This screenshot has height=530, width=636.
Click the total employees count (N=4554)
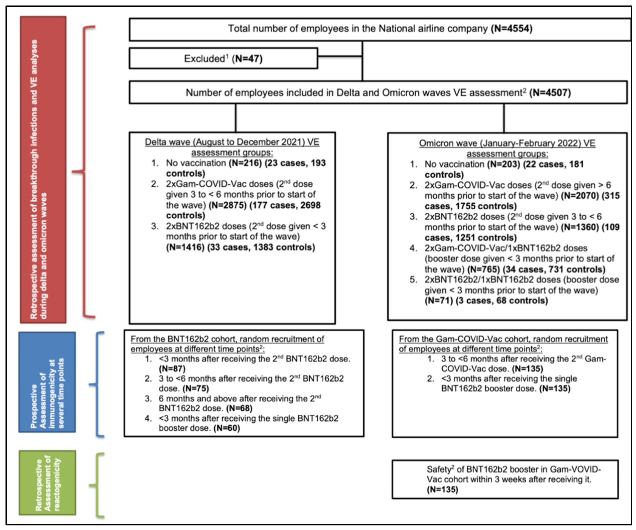pos(512,29)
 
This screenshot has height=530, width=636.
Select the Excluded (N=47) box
pos(223,58)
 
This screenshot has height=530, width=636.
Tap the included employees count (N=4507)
pos(550,93)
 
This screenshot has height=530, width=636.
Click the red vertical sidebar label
pos(43,170)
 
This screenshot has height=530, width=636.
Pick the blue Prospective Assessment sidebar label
pos(47,382)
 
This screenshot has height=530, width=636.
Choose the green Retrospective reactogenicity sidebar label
pos(48,483)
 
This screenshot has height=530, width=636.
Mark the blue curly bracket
pos(97,385)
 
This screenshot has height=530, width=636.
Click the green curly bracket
pos(97,485)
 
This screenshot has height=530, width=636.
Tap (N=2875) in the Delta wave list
pos(228,205)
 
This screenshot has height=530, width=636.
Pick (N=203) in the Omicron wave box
pos(504,164)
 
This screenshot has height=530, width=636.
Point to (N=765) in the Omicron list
pos(484,269)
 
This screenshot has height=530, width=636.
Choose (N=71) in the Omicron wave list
pos(439,301)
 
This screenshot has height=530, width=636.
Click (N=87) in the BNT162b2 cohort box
pos(172,369)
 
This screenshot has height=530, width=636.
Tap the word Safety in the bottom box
pos(439,470)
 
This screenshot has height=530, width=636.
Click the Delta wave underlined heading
pos(232,147)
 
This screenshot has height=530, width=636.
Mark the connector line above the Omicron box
pos(504,118)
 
